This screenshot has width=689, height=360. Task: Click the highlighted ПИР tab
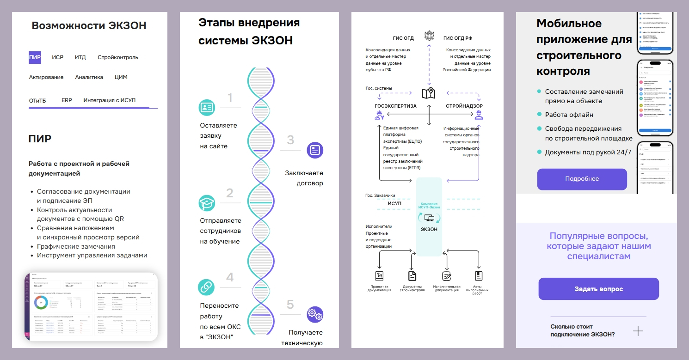pos(35,57)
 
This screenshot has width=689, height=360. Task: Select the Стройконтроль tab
pos(117,57)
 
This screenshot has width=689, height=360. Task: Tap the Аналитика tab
pos(89,77)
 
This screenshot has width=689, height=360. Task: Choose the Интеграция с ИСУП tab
pos(109,100)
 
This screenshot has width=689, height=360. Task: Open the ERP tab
pos(67,100)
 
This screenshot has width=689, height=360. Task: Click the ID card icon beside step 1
pos(206,107)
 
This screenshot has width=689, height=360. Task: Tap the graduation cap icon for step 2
pos(206,203)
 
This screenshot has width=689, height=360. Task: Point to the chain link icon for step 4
pos(206,287)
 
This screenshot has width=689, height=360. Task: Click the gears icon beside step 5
pos(315,314)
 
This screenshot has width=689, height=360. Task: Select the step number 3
pos(290,140)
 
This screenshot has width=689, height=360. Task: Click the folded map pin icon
pos(429,93)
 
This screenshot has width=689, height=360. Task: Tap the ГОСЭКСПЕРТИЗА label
pos(395,106)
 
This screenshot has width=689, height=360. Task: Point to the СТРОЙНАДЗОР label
pos(464,106)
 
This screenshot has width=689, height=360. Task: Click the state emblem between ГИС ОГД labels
pos(429,37)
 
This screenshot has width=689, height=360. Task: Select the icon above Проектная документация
pos(379,276)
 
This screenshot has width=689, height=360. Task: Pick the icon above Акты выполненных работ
pos(478,276)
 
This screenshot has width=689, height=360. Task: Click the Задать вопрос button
pos(598,289)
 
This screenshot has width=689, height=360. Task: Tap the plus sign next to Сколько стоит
pos(638,331)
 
